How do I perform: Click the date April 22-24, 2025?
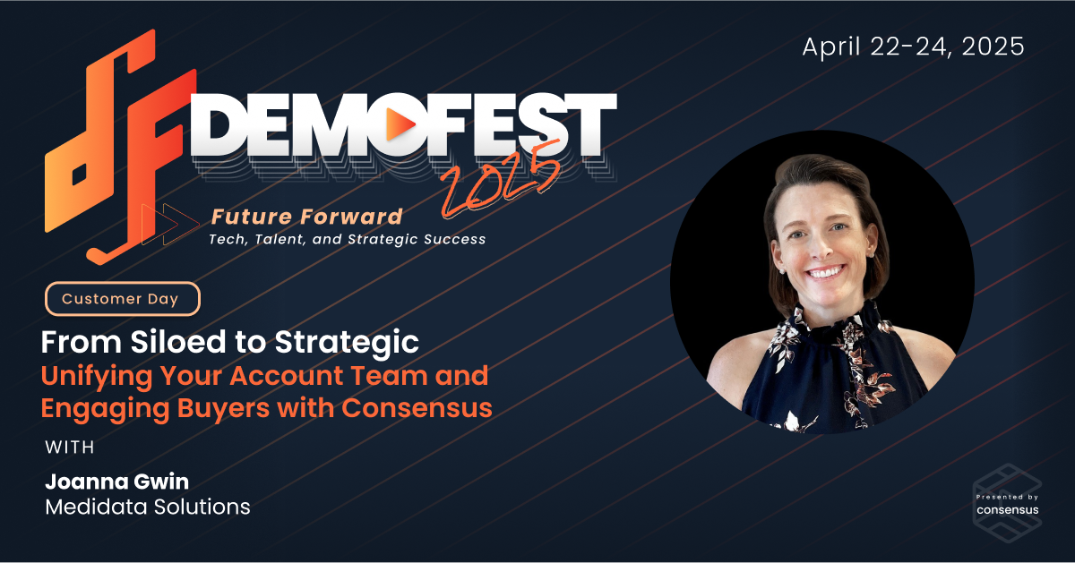point(913,47)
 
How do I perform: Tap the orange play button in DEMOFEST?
point(400,124)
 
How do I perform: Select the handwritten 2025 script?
point(500,180)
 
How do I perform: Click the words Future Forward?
point(306,217)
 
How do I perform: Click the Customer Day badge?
point(123,299)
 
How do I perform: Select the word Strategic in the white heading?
point(347,343)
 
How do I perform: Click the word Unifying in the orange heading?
point(97,376)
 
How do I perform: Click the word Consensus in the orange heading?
point(417,407)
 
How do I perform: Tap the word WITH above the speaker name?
point(70,448)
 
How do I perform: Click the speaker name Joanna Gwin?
point(117,482)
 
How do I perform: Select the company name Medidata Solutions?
point(148,507)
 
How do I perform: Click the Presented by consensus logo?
point(1007,504)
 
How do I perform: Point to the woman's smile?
point(825,273)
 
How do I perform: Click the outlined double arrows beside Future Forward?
point(170,224)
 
